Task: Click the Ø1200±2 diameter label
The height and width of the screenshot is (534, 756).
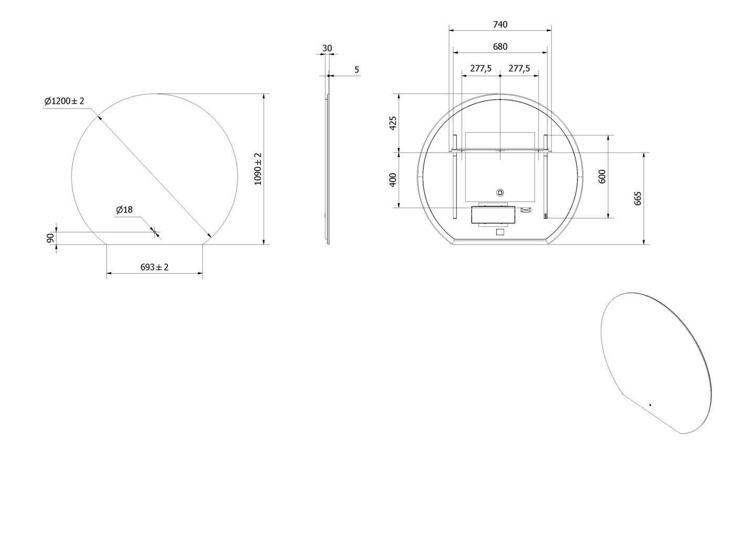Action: pyautogui.click(x=64, y=101)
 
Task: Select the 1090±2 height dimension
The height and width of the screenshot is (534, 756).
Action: pyautogui.click(x=258, y=169)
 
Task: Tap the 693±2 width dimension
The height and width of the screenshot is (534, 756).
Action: pyautogui.click(x=154, y=267)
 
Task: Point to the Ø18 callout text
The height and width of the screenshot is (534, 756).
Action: pyautogui.click(x=124, y=210)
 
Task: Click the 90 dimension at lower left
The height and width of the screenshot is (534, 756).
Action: pyautogui.click(x=50, y=238)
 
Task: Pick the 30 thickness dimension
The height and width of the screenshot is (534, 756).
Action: pyautogui.click(x=327, y=48)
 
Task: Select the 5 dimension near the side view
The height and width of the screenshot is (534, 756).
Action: pyautogui.click(x=357, y=70)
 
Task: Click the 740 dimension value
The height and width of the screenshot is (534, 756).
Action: pyautogui.click(x=500, y=24)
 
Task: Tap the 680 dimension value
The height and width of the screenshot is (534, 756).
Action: pyautogui.click(x=500, y=47)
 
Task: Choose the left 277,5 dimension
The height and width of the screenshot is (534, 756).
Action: pyautogui.click(x=481, y=68)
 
